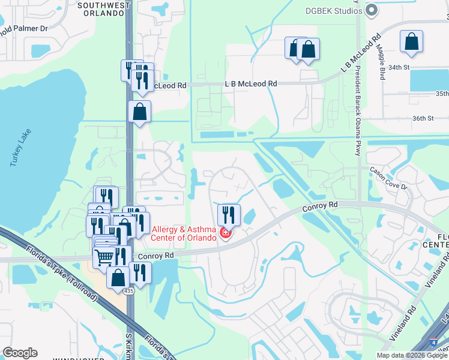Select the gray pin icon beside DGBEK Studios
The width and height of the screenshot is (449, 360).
pos(372,9)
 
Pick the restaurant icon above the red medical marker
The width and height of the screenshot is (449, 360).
pos(229,214)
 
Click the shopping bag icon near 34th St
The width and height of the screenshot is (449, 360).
pos(412,41)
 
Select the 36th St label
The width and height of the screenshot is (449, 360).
pos(423,118)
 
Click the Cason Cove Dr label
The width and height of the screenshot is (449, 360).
pos(388,178)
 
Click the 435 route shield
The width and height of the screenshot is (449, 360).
pos(129,291)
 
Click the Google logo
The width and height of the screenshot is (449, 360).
pos(20,353)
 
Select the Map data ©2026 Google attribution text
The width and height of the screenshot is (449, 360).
pos(412,355)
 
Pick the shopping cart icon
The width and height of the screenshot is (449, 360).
pos(104,257)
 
